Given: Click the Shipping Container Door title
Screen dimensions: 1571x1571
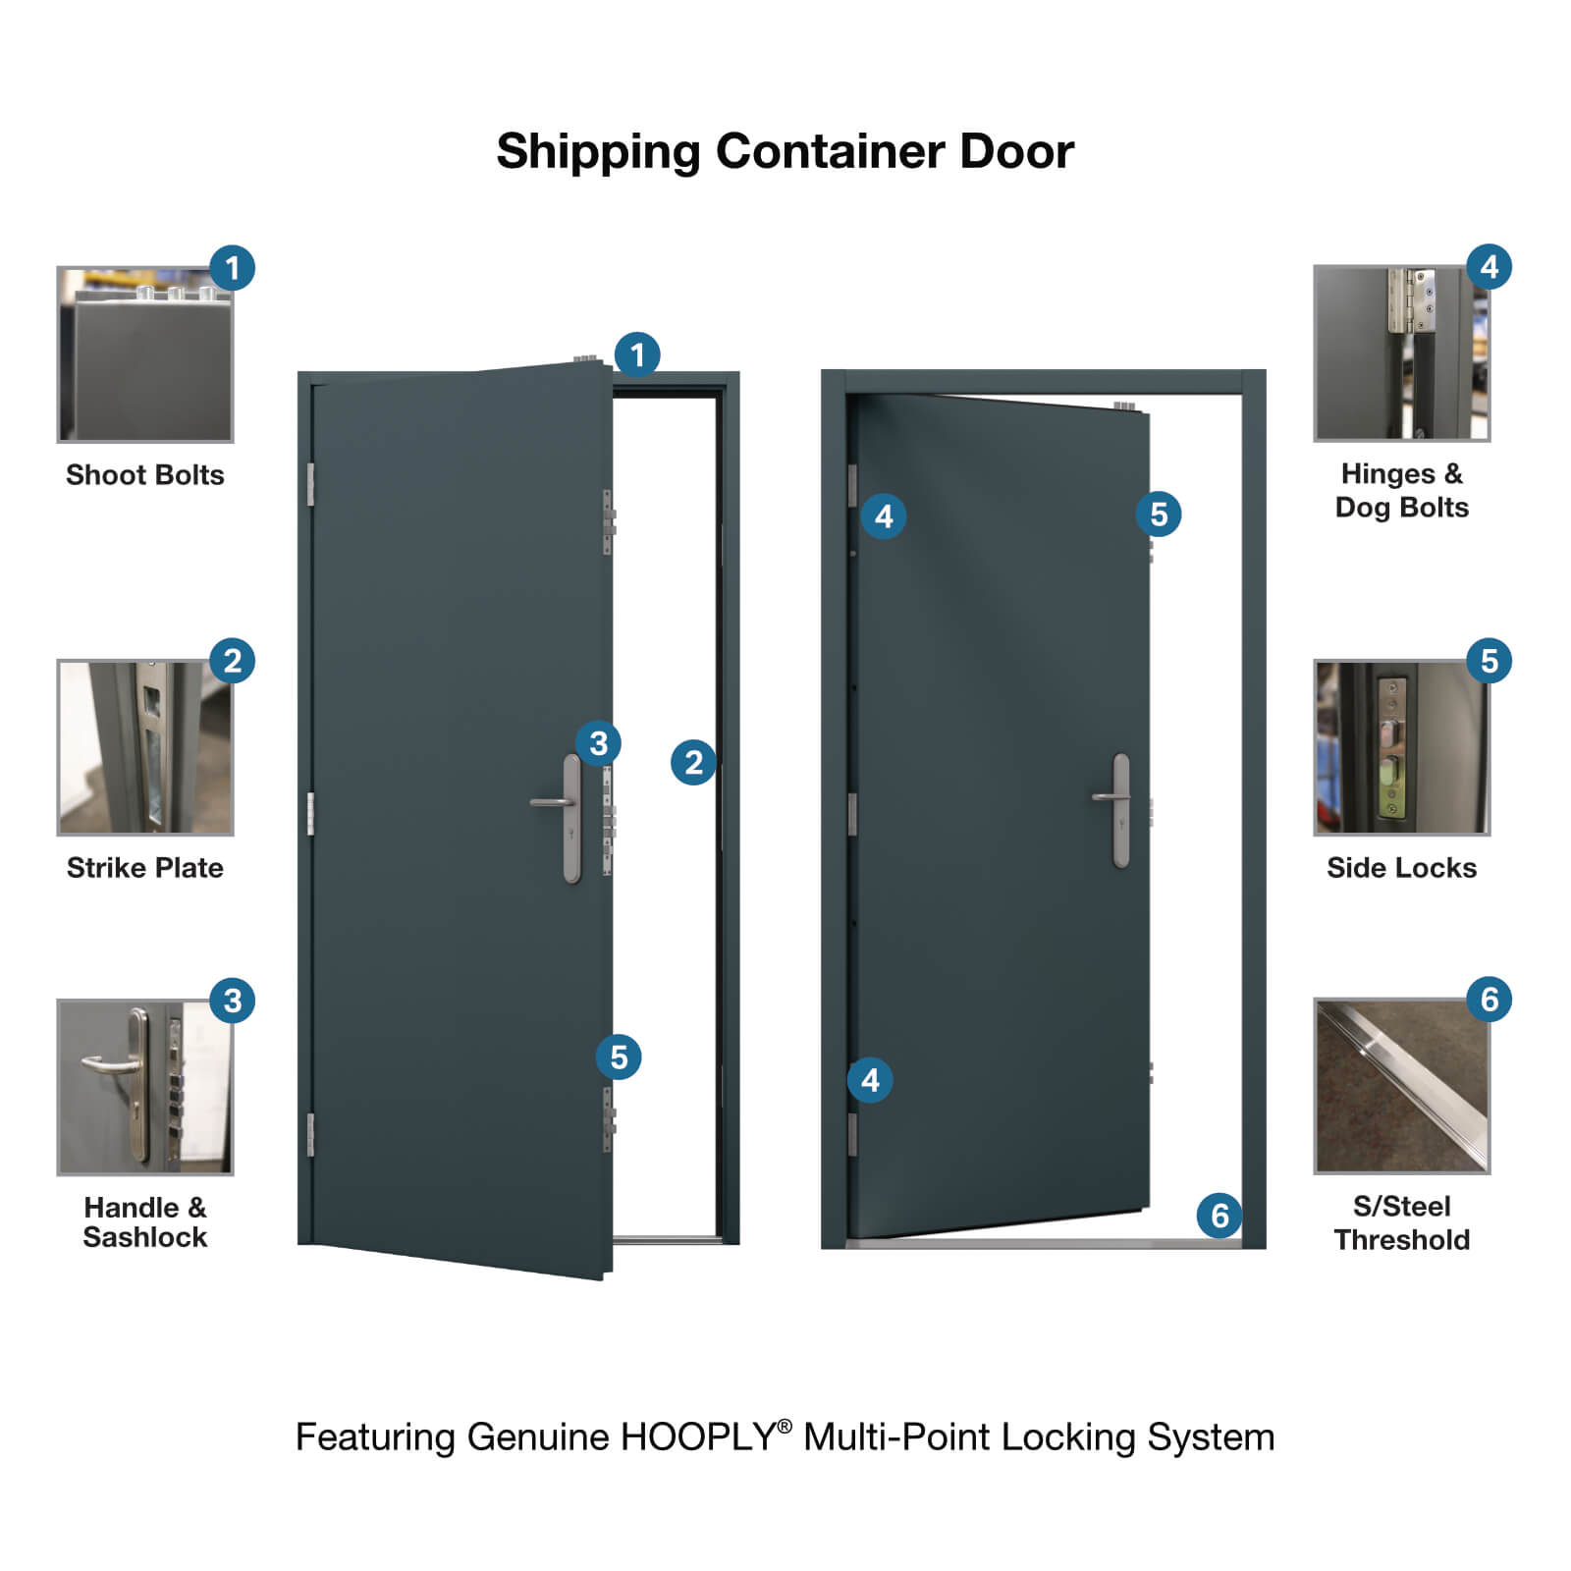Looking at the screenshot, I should pos(785,152).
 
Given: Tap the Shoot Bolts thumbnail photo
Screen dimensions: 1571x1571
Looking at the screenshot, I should pos(145,354).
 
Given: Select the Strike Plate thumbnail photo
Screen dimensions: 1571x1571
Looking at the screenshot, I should pos(145,747).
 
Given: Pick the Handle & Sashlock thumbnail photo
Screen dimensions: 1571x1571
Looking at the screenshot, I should pos(145,1087).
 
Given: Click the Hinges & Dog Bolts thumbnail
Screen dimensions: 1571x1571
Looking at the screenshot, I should pos(1401,353).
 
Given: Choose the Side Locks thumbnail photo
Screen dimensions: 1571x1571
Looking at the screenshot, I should pos(1401,747).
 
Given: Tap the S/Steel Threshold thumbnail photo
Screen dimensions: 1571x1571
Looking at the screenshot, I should pos(1401,1086).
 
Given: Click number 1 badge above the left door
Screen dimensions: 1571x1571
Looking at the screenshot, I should pos(637,354).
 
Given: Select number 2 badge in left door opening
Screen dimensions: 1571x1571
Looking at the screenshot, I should pos(693,762).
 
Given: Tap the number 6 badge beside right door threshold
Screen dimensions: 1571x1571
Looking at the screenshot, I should pos(1219,1216).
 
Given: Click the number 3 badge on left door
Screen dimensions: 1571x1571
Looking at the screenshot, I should pos(598,743).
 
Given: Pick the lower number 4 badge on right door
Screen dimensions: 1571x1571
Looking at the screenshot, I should pos(870,1080).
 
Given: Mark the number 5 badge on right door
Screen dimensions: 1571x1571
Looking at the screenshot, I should pos(1159,514).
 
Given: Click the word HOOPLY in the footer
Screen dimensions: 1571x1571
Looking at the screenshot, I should pos(698,1437).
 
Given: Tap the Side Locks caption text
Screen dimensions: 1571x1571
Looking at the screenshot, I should pos(1401,868).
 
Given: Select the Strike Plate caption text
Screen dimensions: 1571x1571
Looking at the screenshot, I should pos(145,868).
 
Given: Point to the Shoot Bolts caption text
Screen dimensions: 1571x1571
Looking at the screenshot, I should pos(145,475).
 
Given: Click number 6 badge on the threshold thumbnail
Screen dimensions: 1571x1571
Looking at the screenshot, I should pos(1489,1000).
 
